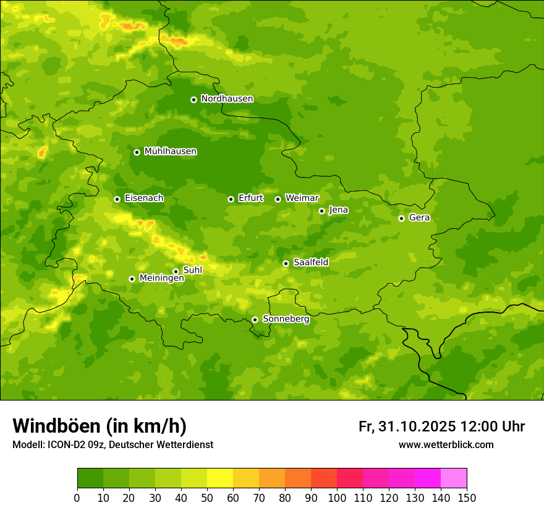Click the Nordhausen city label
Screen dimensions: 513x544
[227, 99]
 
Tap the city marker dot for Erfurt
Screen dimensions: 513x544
[231, 199]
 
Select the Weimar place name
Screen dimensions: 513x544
[302, 198]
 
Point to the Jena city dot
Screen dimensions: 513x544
[321, 211]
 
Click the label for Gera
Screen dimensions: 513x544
[419, 218]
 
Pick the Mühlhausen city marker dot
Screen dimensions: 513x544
[137, 152]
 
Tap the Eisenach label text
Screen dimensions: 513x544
[144, 198]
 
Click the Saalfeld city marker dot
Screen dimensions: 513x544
[286, 263]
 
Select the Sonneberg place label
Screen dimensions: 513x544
[286, 319]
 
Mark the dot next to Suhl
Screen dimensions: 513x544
[176, 271]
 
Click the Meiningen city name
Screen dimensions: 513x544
[162, 278]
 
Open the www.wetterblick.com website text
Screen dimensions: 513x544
[446, 444]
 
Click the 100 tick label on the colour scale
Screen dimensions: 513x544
[337, 498]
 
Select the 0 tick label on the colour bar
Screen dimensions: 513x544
[77, 498]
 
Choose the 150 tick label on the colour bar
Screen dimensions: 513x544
[467, 498]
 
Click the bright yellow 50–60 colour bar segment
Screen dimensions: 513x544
[220, 478]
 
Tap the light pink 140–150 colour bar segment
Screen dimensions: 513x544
[454, 478]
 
